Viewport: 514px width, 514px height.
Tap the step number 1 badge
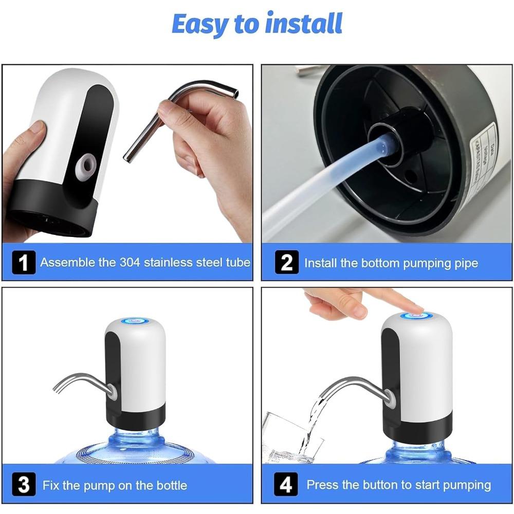click(x=24, y=262)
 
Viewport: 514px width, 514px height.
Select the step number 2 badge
click(x=286, y=263)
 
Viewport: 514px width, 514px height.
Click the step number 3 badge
click(x=24, y=485)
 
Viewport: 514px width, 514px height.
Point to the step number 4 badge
click(x=286, y=485)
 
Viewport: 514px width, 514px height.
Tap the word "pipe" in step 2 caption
click(x=466, y=263)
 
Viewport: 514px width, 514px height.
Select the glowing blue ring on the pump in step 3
click(x=135, y=321)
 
